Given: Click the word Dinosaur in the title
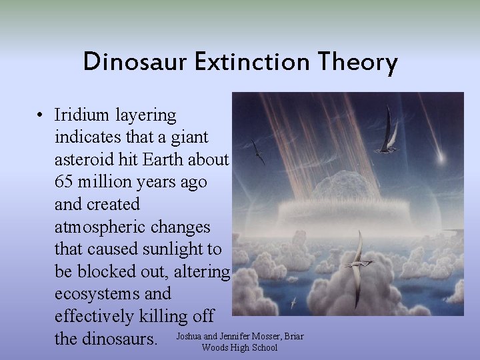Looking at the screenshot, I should click(133, 63).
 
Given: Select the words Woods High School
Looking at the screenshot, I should click(239, 347).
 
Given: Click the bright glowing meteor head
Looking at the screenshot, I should click(439, 159).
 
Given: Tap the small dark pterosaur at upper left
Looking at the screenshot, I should click(258, 153).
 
